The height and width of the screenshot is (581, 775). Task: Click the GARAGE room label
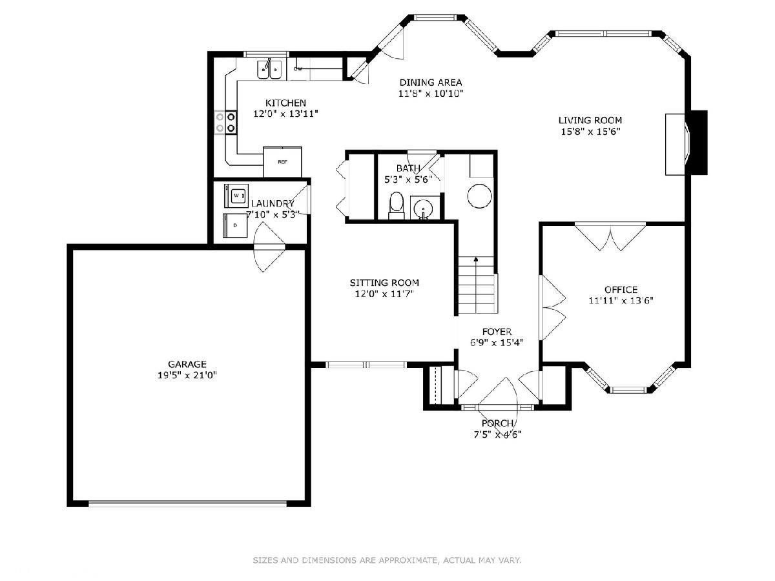pyautogui.click(x=187, y=363)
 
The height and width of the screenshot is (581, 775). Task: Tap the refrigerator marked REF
pyautogui.click(x=282, y=162)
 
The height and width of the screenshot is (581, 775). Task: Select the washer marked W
pyautogui.click(x=236, y=196)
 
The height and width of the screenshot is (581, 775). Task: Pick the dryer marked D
pyautogui.click(x=235, y=225)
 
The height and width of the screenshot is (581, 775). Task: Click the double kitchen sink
pyautogui.click(x=269, y=69)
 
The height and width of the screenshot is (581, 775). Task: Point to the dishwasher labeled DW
pyautogui.click(x=298, y=69)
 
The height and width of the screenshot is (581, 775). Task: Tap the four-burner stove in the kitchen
pyautogui.click(x=225, y=122)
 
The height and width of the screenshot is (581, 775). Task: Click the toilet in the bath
pyautogui.click(x=397, y=205)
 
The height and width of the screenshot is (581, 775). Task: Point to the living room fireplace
pyautogui.click(x=687, y=143)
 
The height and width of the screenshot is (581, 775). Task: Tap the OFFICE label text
pyautogui.click(x=621, y=290)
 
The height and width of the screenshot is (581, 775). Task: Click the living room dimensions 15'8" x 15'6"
pyautogui.click(x=591, y=132)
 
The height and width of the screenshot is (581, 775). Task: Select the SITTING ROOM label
pyautogui.click(x=384, y=283)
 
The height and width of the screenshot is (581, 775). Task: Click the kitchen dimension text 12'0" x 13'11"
pyautogui.click(x=285, y=114)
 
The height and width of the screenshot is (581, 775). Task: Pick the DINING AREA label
pyautogui.click(x=431, y=82)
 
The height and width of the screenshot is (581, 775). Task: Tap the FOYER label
pyautogui.click(x=497, y=332)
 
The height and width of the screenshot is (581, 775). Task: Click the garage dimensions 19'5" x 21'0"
pyautogui.click(x=187, y=375)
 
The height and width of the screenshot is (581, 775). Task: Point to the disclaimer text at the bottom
pyautogui.click(x=387, y=560)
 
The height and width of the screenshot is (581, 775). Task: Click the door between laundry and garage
pyautogui.click(x=269, y=247)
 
